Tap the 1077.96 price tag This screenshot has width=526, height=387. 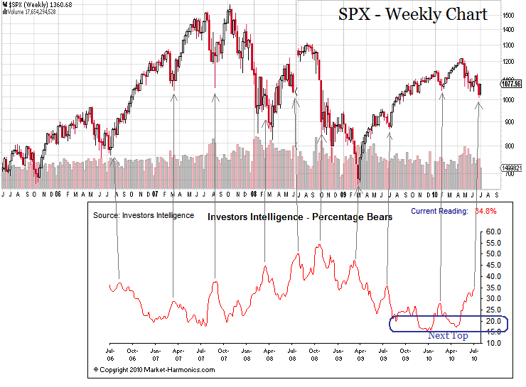510,82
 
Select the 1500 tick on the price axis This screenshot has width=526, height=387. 508,15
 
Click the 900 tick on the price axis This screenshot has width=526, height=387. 506,121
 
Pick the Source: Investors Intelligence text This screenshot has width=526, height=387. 144,214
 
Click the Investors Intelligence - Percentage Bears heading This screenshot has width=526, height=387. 299,217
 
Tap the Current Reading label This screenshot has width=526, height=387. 439,211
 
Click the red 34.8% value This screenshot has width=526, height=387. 485,211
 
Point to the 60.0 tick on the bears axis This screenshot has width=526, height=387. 493,231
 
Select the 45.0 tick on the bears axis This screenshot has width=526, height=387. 493,265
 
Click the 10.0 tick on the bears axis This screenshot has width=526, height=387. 493,343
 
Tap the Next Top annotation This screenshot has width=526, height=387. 448,335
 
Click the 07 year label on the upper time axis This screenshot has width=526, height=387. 154,194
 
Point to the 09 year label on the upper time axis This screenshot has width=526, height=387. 343,194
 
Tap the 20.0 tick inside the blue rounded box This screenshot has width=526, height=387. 493,321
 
